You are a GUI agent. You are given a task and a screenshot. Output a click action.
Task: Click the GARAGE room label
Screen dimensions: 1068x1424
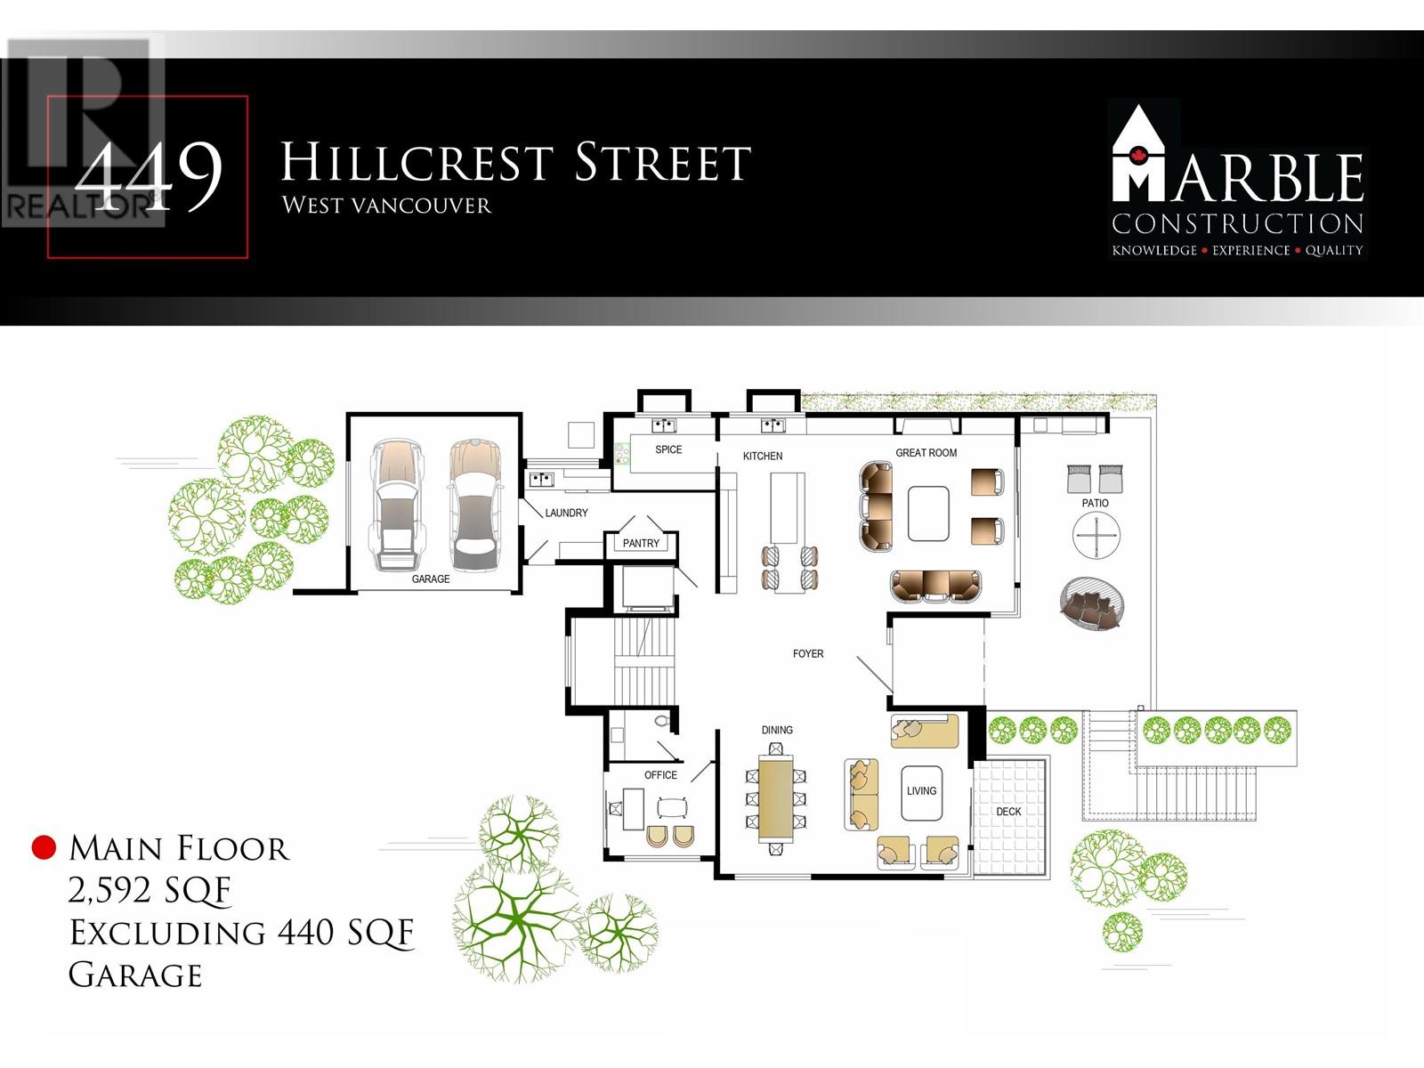click(x=431, y=579)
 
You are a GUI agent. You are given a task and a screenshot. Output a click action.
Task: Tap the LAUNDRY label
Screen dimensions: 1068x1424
click(x=566, y=514)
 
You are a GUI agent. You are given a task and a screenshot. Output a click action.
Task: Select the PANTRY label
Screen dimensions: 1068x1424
click(x=641, y=543)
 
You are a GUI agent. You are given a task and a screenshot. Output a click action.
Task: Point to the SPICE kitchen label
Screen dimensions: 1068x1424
click(x=668, y=450)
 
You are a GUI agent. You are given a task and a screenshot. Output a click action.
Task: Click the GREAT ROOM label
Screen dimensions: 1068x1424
click(x=926, y=453)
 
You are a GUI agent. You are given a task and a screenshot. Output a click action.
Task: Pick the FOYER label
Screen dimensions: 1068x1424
click(x=808, y=654)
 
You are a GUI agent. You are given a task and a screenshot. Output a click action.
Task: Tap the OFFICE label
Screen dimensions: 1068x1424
click(x=660, y=775)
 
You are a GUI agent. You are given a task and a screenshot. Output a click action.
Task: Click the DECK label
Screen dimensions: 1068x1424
click(x=1008, y=812)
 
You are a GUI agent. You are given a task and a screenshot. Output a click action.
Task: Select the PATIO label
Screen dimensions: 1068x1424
click(x=1095, y=504)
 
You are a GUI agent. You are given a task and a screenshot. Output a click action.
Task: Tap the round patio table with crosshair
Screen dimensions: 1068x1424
click(x=1096, y=537)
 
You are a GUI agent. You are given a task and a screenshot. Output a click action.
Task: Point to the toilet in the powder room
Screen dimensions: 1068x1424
click(x=660, y=721)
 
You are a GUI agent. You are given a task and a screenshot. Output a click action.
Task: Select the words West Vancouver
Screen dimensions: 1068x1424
click(x=386, y=206)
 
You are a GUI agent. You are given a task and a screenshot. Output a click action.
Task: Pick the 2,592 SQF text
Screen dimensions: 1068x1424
click(x=150, y=890)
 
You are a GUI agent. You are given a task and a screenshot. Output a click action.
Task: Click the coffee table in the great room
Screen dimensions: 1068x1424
click(x=928, y=514)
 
